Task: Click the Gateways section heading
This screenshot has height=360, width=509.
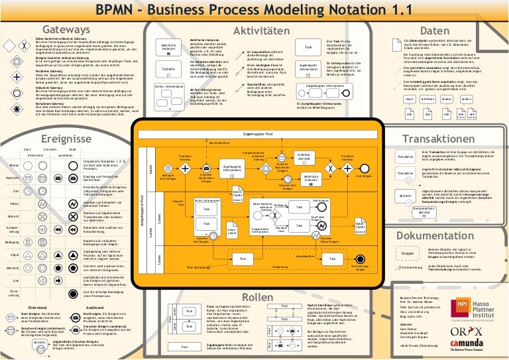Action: coord(65,30)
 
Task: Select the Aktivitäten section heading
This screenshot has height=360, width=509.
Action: coord(255,30)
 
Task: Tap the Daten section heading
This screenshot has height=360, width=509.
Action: coord(435,30)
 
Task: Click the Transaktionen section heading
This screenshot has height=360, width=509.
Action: coord(439,140)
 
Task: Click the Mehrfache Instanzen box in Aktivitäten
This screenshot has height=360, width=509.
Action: coord(168,47)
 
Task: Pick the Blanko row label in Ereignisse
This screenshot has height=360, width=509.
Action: coord(13,165)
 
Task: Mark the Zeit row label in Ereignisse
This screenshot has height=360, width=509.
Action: coord(13,191)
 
